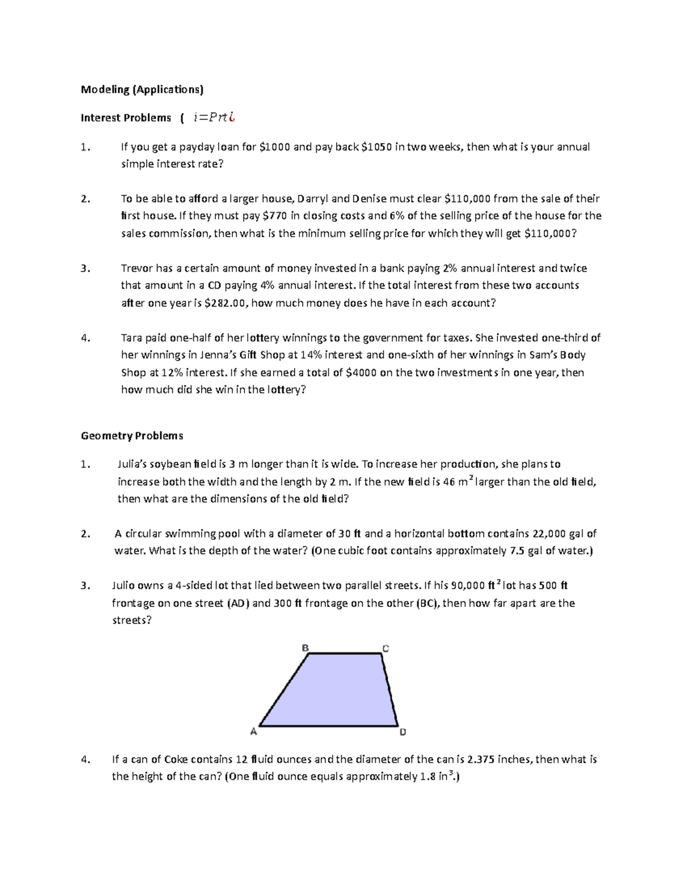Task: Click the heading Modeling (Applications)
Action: click(x=142, y=89)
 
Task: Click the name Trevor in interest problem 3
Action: click(x=137, y=268)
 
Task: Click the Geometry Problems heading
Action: click(x=132, y=436)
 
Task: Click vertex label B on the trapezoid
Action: click(x=305, y=648)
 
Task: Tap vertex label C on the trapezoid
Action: click(x=386, y=648)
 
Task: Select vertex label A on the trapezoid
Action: click(x=254, y=731)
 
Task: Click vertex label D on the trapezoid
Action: click(x=402, y=732)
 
